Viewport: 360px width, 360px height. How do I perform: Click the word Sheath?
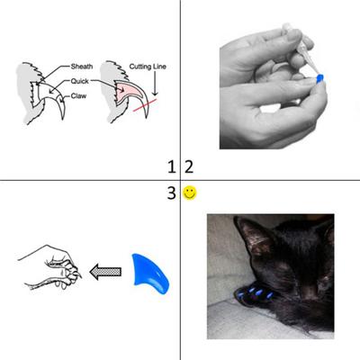[x=83, y=67]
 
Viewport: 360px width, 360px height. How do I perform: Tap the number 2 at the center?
[x=188, y=166]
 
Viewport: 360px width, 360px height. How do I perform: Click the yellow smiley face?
[x=190, y=193]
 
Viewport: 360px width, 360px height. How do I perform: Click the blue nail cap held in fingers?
[x=319, y=80]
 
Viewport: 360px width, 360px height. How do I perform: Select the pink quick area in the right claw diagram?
[x=124, y=88]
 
